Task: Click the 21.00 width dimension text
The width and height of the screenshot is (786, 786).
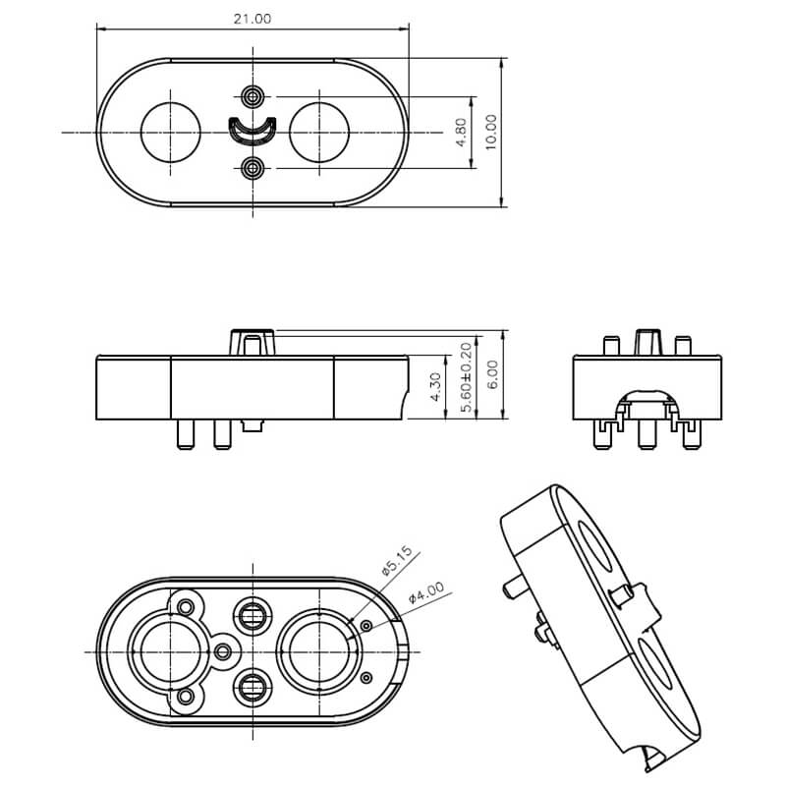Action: [253, 19]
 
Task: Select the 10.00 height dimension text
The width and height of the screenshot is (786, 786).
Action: [491, 132]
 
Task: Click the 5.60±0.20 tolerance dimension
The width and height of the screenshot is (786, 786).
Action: [467, 377]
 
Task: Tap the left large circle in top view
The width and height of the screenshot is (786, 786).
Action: [171, 132]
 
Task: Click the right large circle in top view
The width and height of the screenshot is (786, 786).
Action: [319, 132]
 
